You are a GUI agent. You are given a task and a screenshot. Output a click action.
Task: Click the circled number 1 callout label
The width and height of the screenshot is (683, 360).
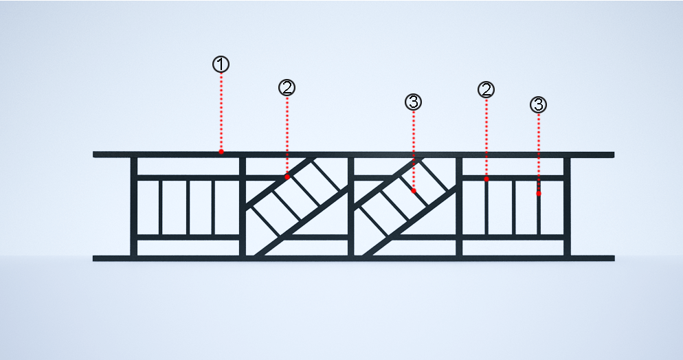tap(221, 65)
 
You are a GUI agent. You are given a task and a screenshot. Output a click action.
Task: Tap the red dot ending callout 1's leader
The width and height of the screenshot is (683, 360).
tap(221, 151)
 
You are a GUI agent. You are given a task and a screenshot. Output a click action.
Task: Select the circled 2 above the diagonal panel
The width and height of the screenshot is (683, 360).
tap(287, 88)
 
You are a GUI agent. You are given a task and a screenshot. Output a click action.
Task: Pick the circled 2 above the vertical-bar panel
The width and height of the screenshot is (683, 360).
tap(486, 90)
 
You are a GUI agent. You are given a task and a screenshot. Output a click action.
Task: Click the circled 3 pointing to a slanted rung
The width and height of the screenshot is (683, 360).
tap(414, 102)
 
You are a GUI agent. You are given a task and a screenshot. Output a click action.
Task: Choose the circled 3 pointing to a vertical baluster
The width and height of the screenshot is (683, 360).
tap(539, 105)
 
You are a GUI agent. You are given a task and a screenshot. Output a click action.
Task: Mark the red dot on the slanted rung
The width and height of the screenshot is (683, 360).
tap(414, 191)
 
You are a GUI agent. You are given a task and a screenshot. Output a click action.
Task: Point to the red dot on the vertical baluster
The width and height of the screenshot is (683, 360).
tap(539, 193)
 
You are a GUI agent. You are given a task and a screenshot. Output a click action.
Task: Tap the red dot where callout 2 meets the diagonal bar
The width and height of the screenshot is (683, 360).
tap(287, 177)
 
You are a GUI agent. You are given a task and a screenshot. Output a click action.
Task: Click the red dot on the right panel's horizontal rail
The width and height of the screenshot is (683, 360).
tap(486, 179)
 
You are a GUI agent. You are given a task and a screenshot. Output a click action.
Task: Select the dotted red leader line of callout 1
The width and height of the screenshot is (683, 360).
tap(221, 111)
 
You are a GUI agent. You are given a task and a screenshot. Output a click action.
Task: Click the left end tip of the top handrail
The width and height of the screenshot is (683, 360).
tap(93, 155)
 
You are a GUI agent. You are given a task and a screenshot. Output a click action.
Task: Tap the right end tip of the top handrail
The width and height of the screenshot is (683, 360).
tap(614, 155)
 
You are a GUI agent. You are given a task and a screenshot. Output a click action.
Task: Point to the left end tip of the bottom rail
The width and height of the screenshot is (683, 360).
tap(93, 258)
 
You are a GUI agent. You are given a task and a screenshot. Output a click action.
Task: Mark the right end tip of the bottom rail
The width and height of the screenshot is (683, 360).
tap(614, 258)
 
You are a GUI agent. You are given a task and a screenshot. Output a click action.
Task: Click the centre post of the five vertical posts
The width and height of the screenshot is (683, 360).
tap(350, 206)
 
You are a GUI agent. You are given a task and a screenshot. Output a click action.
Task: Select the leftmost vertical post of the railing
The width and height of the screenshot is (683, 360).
tap(134, 206)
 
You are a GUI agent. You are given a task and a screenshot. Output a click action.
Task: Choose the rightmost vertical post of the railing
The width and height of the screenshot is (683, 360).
tap(567, 206)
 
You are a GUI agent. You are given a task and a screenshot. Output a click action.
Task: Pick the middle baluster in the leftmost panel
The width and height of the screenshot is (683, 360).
tap(188, 207)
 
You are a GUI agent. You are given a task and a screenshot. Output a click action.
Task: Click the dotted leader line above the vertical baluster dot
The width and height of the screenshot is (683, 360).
tap(539, 152)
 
